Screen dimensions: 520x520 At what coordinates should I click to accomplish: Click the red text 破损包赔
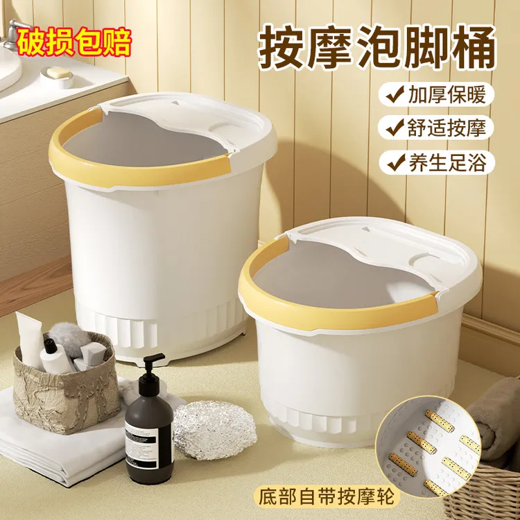74,43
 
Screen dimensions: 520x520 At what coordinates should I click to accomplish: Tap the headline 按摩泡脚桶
376,50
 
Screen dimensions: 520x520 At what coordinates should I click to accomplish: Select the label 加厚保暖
447,94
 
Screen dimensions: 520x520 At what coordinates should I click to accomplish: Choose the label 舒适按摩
447,128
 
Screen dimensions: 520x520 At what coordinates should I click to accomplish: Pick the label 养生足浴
447,162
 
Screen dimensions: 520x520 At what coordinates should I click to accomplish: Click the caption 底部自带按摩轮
327,496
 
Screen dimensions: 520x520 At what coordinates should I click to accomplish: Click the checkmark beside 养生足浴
395,162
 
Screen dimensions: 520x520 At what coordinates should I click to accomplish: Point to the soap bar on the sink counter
58,72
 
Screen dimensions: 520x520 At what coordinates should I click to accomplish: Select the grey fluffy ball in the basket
69,338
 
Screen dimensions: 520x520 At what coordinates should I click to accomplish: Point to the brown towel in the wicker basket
497,424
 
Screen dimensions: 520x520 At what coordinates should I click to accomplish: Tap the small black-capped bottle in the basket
56,355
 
